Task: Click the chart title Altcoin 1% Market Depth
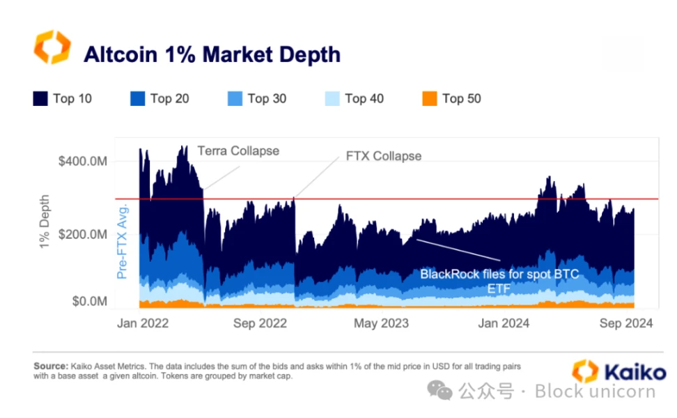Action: (212, 54)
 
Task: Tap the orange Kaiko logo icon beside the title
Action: (52, 47)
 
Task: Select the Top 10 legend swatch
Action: (40, 99)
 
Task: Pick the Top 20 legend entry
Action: (159, 99)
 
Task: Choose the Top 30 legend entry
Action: (257, 99)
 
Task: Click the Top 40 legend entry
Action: (355, 99)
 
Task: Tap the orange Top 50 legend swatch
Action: (430, 99)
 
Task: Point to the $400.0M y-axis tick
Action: (84, 162)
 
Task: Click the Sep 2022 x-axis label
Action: (260, 323)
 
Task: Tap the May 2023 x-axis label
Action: (381, 323)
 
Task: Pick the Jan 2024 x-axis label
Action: (504, 323)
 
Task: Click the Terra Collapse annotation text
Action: (238, 150)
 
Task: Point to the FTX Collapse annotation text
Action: (384, 156)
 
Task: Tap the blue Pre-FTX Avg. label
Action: (122, 240)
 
